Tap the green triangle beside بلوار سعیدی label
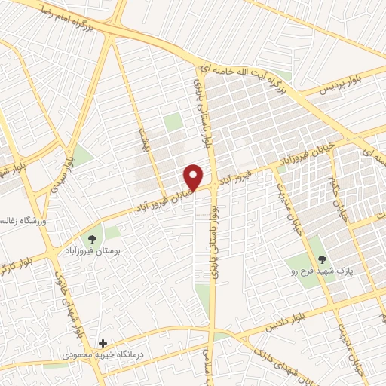81,155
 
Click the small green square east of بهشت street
173,122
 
